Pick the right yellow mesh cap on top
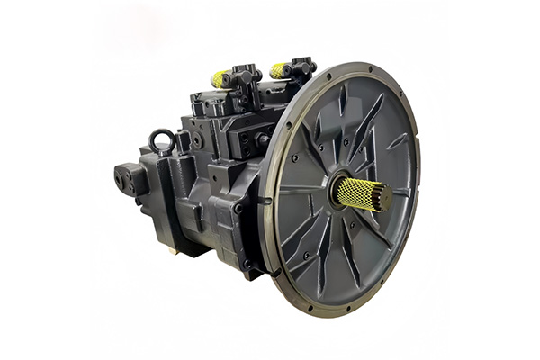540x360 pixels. coord(280,70)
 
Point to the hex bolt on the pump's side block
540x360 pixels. coord(197,140)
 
